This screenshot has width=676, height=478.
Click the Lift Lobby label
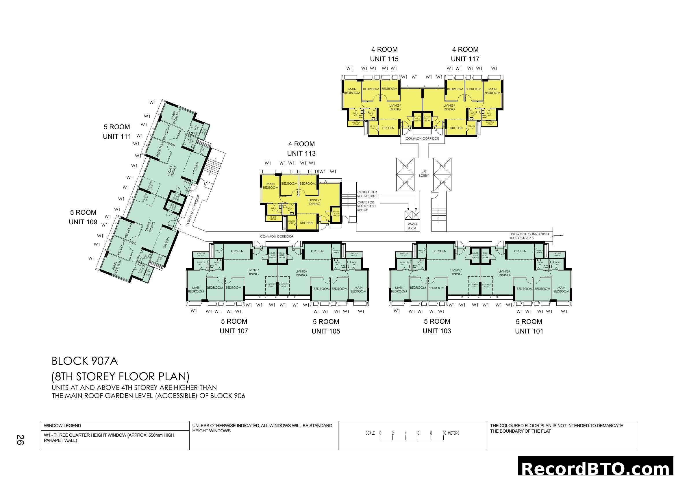point(424,173)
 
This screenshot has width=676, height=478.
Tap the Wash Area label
point(412,226)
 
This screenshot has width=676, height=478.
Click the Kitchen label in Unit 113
point(306,223)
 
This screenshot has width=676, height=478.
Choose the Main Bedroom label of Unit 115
point(352,91)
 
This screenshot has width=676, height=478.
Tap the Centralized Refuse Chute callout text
point(368,194)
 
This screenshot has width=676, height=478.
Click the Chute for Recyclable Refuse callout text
point(366,206)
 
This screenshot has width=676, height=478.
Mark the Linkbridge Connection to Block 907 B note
point(529,236)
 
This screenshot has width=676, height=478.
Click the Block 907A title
point(85,361)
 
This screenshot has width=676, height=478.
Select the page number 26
point(20,440)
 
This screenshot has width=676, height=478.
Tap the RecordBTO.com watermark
point(597,468)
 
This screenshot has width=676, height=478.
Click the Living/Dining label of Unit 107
point(253,272)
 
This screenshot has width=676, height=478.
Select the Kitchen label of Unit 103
point(440,251)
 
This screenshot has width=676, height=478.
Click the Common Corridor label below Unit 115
point(422,138)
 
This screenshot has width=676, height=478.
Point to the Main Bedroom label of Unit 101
point(561,289)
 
